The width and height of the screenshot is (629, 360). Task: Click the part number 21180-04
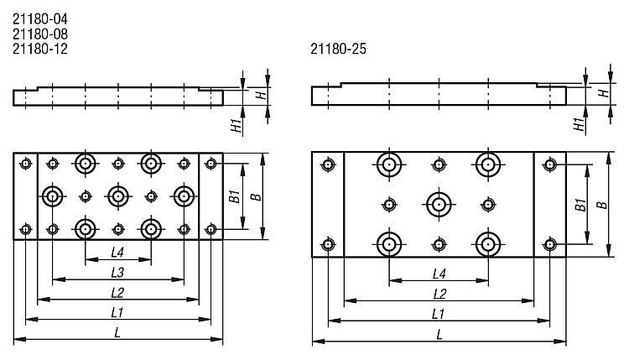coord(40,18)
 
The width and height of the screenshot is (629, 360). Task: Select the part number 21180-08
coord(40,34)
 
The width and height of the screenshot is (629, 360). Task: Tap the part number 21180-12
coord(40,49)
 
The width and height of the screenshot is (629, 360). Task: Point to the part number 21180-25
coord(338,49)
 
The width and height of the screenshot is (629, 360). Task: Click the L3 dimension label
coord(117,273)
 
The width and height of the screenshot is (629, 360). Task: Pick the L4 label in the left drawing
coord(117,253)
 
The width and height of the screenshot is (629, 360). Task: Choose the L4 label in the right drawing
coord(439,274)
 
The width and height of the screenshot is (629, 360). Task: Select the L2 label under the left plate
coord(117,293)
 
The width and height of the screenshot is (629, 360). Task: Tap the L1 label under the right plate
coord(438,314)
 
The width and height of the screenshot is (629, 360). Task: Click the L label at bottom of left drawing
coord(117,332)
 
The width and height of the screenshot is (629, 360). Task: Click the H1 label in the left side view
coord(237,125)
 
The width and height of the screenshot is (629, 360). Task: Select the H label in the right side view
coord(603,93)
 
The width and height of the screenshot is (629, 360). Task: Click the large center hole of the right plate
coord(439,205)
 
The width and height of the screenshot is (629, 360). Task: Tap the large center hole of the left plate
coord(118,196)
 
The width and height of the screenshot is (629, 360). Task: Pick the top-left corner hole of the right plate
coord(328,164)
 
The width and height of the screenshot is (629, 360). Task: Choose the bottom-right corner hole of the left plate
coord(211,229)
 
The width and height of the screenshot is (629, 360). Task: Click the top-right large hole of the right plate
coord(488,164)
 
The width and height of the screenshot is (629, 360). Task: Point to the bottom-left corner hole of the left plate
coord(26,229)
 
